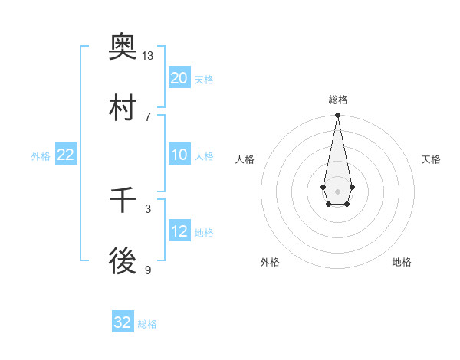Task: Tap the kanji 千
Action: tap(123, 201)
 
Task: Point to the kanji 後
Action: tap(123, 263)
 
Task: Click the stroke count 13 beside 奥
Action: tap(148, 56)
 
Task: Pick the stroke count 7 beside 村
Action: tap(148, 116)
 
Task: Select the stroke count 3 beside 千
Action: tap(148, 208)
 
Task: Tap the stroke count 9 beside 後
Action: tap(148, 270)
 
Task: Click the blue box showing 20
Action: tap(179, 77)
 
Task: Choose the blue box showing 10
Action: tap(179, 155)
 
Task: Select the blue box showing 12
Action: tap(179, 231)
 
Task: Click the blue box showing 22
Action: tap(66, 155)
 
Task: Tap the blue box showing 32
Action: tap(123, 322)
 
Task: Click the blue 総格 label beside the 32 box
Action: tap(147, 324)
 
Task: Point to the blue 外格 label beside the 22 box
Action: tap(41, 156)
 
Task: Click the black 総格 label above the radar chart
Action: tap(337, 100)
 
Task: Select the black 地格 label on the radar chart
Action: tap(402, 262)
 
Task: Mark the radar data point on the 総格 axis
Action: tap(337, 116)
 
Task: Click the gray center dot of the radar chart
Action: tap(337, 190)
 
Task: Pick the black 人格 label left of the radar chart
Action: tap(245, 159)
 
